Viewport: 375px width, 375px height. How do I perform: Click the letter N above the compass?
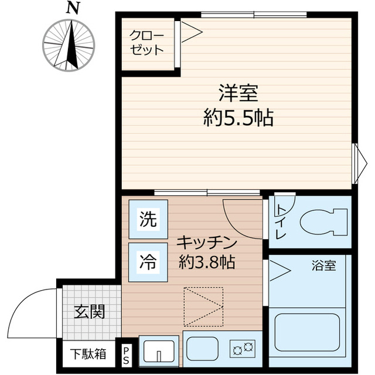pos(72,8)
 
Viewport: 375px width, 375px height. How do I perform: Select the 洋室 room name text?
pos(238,94)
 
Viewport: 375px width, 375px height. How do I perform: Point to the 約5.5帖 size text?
pos(238,119)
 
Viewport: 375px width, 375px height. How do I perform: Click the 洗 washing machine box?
pos(148,219)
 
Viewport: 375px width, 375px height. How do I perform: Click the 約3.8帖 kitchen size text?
pos(207,262)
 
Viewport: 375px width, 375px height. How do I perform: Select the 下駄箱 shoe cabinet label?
pos(89,353)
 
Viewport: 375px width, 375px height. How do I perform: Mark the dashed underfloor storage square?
pos(204,306)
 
